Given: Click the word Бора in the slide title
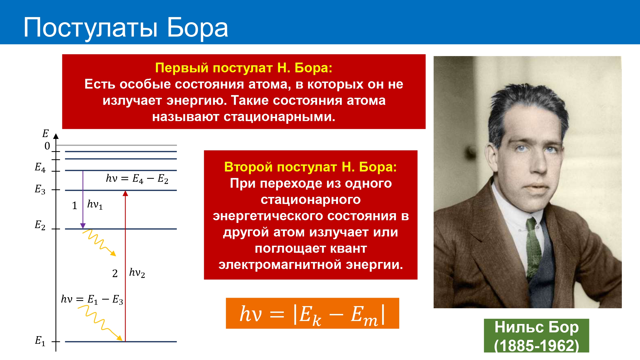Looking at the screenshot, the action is pos(197,27).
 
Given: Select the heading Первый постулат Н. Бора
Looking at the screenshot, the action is pos(244,68).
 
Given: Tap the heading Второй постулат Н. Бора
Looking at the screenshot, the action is pos(310,167).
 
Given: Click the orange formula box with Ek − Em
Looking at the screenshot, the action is pos(312,313).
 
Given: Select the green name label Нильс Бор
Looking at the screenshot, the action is pos(537,327).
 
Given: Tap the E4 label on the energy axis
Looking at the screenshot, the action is pos(40,167).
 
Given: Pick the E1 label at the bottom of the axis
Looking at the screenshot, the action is pos(40,341).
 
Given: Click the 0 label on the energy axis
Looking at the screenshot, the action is pos(47,146).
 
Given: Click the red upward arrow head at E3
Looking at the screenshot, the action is pos(125,193).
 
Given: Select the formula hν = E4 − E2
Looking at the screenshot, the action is pos(137,179).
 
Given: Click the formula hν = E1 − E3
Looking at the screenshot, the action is pos(92,299).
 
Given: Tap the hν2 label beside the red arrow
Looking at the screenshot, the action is pos(137,273).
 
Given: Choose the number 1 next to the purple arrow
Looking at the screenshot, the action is pos(75,206).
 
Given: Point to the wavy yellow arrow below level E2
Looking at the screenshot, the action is pos(99,242).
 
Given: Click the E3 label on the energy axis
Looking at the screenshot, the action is pos(40,189).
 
